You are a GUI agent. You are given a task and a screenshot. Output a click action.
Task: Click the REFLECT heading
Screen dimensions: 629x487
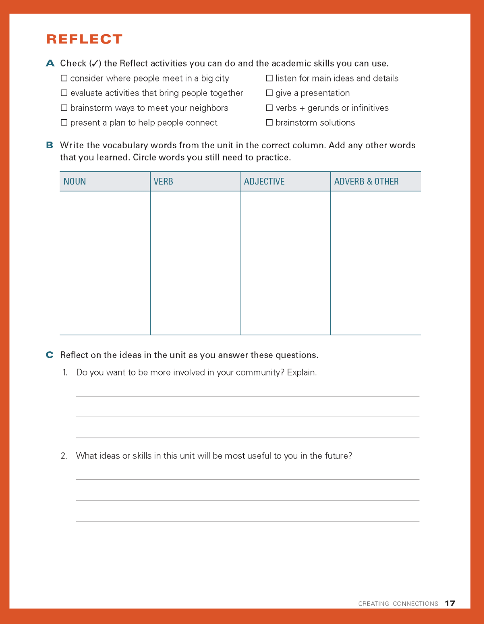pos(84,39)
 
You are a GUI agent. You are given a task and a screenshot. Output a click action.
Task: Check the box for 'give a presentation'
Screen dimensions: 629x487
pos(269,93)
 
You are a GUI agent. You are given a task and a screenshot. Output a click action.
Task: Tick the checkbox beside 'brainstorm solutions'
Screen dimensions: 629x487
pos(269,122)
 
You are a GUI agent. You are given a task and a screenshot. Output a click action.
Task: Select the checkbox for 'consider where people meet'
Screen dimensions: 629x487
pos(64,78)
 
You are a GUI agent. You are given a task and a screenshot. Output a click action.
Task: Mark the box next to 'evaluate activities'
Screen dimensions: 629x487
pos(64,93)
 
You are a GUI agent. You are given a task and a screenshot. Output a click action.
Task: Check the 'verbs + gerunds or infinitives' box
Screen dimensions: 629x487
pos(269,108)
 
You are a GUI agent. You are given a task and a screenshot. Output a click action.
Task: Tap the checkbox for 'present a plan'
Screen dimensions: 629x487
pos(64,122)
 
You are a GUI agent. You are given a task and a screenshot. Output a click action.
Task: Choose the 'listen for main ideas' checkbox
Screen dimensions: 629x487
pos(269,78)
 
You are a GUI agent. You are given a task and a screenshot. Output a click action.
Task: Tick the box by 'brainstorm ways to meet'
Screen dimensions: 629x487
pos(64,108)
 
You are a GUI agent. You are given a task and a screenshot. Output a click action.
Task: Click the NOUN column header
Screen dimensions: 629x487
pos(75,182)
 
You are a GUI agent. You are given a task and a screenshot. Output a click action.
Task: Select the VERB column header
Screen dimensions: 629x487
pos(164,182)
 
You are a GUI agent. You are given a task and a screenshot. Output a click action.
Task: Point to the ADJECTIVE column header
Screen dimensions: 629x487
pos(264,182)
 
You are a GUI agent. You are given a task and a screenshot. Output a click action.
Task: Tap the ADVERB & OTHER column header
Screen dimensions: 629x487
pos(366,182)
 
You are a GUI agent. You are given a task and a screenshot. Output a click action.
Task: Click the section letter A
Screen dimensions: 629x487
pos(50,63)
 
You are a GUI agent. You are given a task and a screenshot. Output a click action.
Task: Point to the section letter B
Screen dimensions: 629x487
pos(50,145)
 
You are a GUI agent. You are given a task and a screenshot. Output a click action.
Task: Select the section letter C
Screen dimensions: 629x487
pos(50,355)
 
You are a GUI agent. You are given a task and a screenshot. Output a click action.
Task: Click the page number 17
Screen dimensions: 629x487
pos(450,603)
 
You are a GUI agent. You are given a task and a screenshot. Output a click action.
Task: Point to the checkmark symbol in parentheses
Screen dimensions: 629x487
pos(95,64)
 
